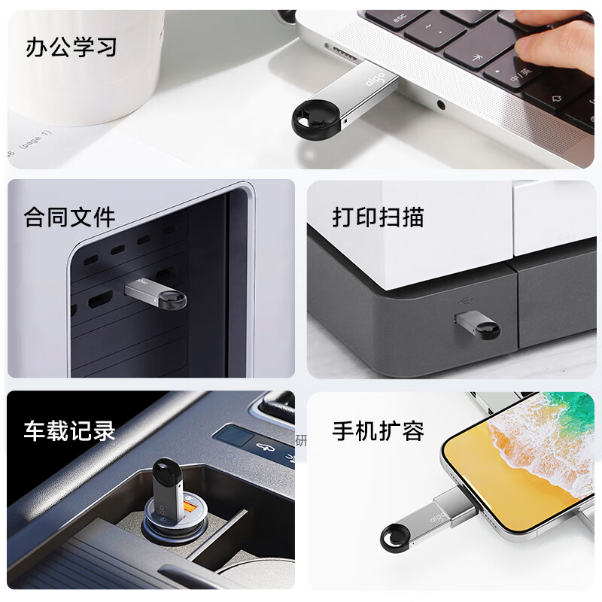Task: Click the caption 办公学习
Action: click(x=71, y=47)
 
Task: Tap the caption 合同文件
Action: click(x=70, y=218)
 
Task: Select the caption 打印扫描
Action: click(x=379, y=217)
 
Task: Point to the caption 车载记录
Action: click(x=70, y=430)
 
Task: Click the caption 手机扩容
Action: click(x=379, y=430)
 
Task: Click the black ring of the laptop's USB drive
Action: click(x=311, y=117)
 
